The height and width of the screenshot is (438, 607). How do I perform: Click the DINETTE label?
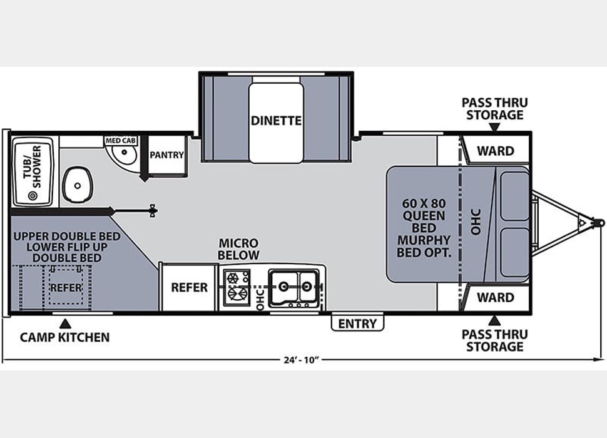click(276, 120)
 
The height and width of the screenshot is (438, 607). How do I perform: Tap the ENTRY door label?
click(357, 323)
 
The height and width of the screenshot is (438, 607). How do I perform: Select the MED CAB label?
click(121, 141)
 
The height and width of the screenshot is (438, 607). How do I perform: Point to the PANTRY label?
click(167, 155)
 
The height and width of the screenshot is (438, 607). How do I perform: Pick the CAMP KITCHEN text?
click(64, 337)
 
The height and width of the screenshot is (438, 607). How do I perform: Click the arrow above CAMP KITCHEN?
click(64, 323)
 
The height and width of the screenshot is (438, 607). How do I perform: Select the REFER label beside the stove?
click(189, 287)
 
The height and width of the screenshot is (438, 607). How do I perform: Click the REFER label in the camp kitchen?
click(66, 287)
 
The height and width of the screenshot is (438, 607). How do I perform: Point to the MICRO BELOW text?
click(238, 248)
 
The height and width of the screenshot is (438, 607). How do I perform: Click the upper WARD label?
click(495, 151)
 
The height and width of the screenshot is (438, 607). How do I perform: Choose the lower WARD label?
click(495, 297)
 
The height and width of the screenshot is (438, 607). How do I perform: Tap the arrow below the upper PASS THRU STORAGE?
click(494, 128)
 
